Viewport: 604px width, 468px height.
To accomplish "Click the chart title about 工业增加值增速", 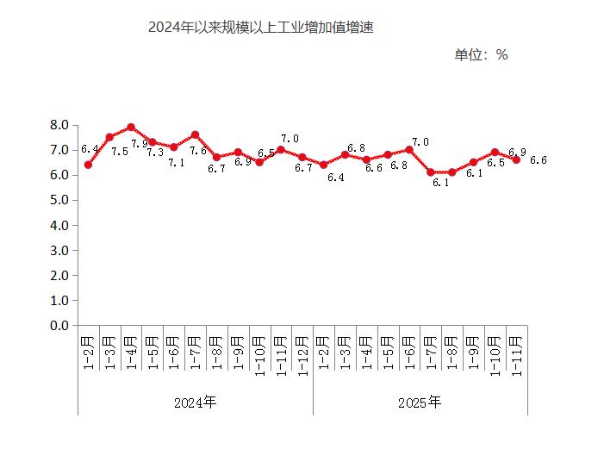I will click(260, 28).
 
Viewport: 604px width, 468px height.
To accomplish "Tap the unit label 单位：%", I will click(481, 55).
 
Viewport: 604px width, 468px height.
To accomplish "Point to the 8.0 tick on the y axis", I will click(59, 125).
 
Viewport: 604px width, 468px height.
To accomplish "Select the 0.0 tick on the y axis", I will click(59, 326).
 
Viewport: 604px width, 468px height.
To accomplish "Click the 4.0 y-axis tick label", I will click(59, 226).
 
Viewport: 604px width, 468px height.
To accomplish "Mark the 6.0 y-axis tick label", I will click(59, 175).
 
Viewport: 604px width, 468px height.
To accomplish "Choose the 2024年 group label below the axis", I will click(195, 402).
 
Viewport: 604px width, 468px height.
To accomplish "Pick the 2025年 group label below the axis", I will click(420, 402).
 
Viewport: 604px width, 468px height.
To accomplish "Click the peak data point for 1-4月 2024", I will click(131, 128).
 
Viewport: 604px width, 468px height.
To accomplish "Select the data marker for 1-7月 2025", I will click(431, 172).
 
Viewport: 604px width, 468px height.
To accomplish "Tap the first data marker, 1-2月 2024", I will click(88, 165).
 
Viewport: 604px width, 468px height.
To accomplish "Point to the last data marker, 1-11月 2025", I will click(516, 159).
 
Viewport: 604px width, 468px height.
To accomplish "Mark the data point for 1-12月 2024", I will click(302, 157).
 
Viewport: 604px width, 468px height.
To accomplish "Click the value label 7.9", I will click(140, 144).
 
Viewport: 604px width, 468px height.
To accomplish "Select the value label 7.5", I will click(120, 152).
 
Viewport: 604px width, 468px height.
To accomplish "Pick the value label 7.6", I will click(198, 152).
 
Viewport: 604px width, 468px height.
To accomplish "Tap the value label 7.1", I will click(176, 162).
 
